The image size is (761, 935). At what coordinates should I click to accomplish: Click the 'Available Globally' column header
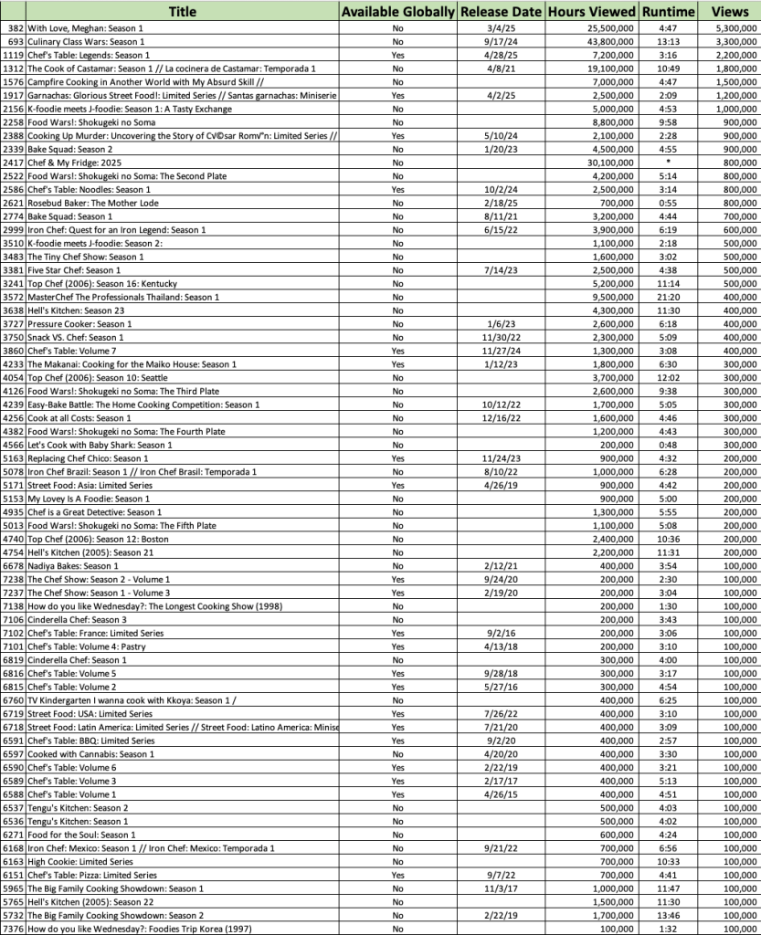point(397,12)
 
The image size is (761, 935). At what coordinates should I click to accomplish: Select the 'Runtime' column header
point(667,12)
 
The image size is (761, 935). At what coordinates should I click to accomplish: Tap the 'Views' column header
point(728,12)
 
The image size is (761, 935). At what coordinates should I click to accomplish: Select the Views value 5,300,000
point(727,28)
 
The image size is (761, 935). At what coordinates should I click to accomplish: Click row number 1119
point(14,56)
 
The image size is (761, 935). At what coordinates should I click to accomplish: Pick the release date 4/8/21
point(499,68)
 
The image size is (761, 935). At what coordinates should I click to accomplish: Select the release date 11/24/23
point(499,458)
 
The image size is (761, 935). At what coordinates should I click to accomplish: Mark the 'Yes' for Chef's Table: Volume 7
point(397,351)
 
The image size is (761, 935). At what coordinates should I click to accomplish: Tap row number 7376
point(14,929)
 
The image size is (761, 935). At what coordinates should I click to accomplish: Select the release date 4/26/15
point(499,794)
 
